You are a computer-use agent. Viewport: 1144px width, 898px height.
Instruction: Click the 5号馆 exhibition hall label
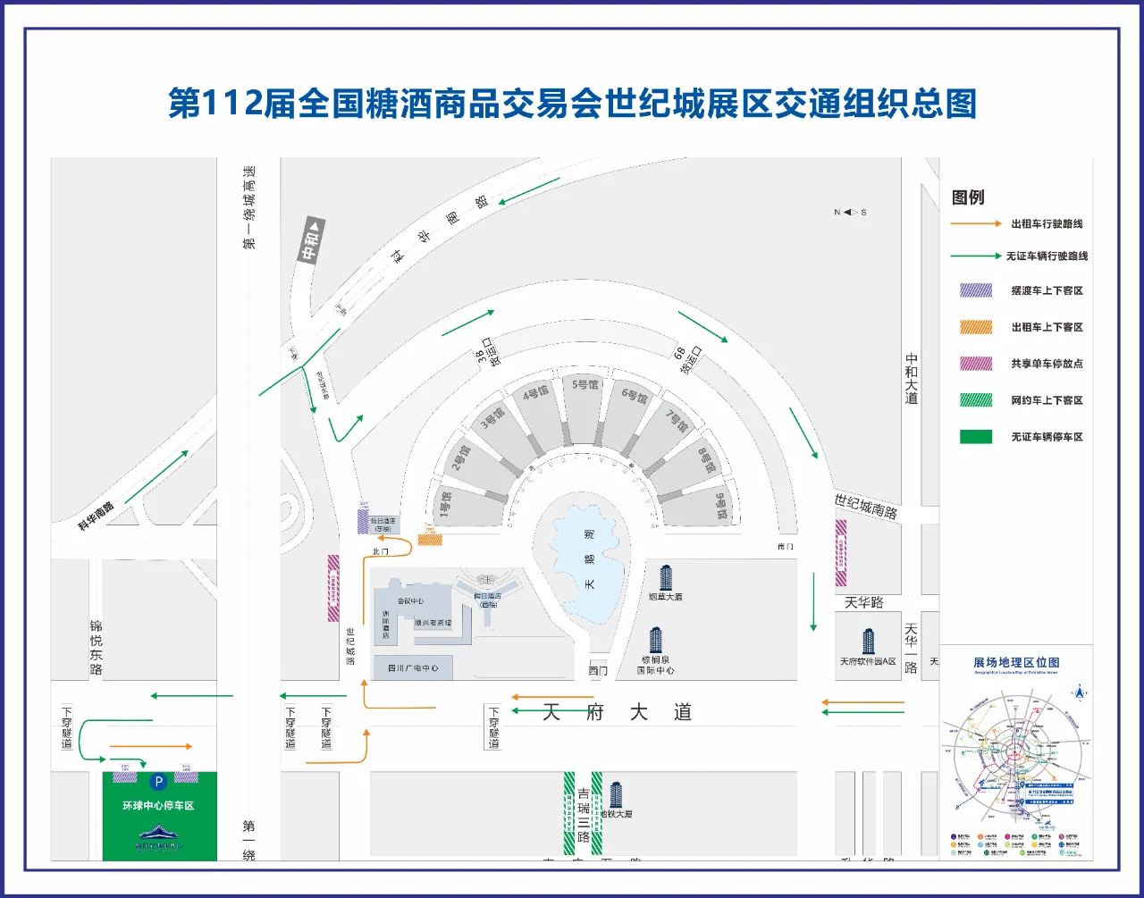585,384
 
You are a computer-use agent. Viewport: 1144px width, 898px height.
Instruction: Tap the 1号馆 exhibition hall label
445,504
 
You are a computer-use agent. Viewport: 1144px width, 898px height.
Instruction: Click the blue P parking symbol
158,782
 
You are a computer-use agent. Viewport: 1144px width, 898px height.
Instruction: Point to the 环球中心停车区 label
158,805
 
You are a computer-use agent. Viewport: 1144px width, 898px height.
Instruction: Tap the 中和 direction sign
311,241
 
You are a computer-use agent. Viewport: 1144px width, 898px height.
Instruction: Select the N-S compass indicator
850,212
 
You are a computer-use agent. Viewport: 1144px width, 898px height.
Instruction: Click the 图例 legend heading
968,197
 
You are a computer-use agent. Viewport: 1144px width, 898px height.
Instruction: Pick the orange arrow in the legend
975,224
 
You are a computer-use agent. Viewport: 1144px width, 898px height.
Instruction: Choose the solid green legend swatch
975,437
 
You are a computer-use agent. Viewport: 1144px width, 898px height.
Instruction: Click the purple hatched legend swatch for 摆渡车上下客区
975,290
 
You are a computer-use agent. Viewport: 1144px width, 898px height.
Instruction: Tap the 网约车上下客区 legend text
1047,400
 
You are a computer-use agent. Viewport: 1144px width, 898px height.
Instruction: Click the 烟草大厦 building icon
665,577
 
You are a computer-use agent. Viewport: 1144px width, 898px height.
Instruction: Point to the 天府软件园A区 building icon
868,642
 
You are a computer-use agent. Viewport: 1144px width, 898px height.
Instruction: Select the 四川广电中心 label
413,667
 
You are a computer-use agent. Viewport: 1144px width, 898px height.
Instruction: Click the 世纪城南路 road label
865,506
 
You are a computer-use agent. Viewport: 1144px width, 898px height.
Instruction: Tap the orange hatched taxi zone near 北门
430,539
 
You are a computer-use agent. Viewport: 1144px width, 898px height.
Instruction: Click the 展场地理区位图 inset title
1016,662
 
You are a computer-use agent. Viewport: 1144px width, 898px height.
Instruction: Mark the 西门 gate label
598,670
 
